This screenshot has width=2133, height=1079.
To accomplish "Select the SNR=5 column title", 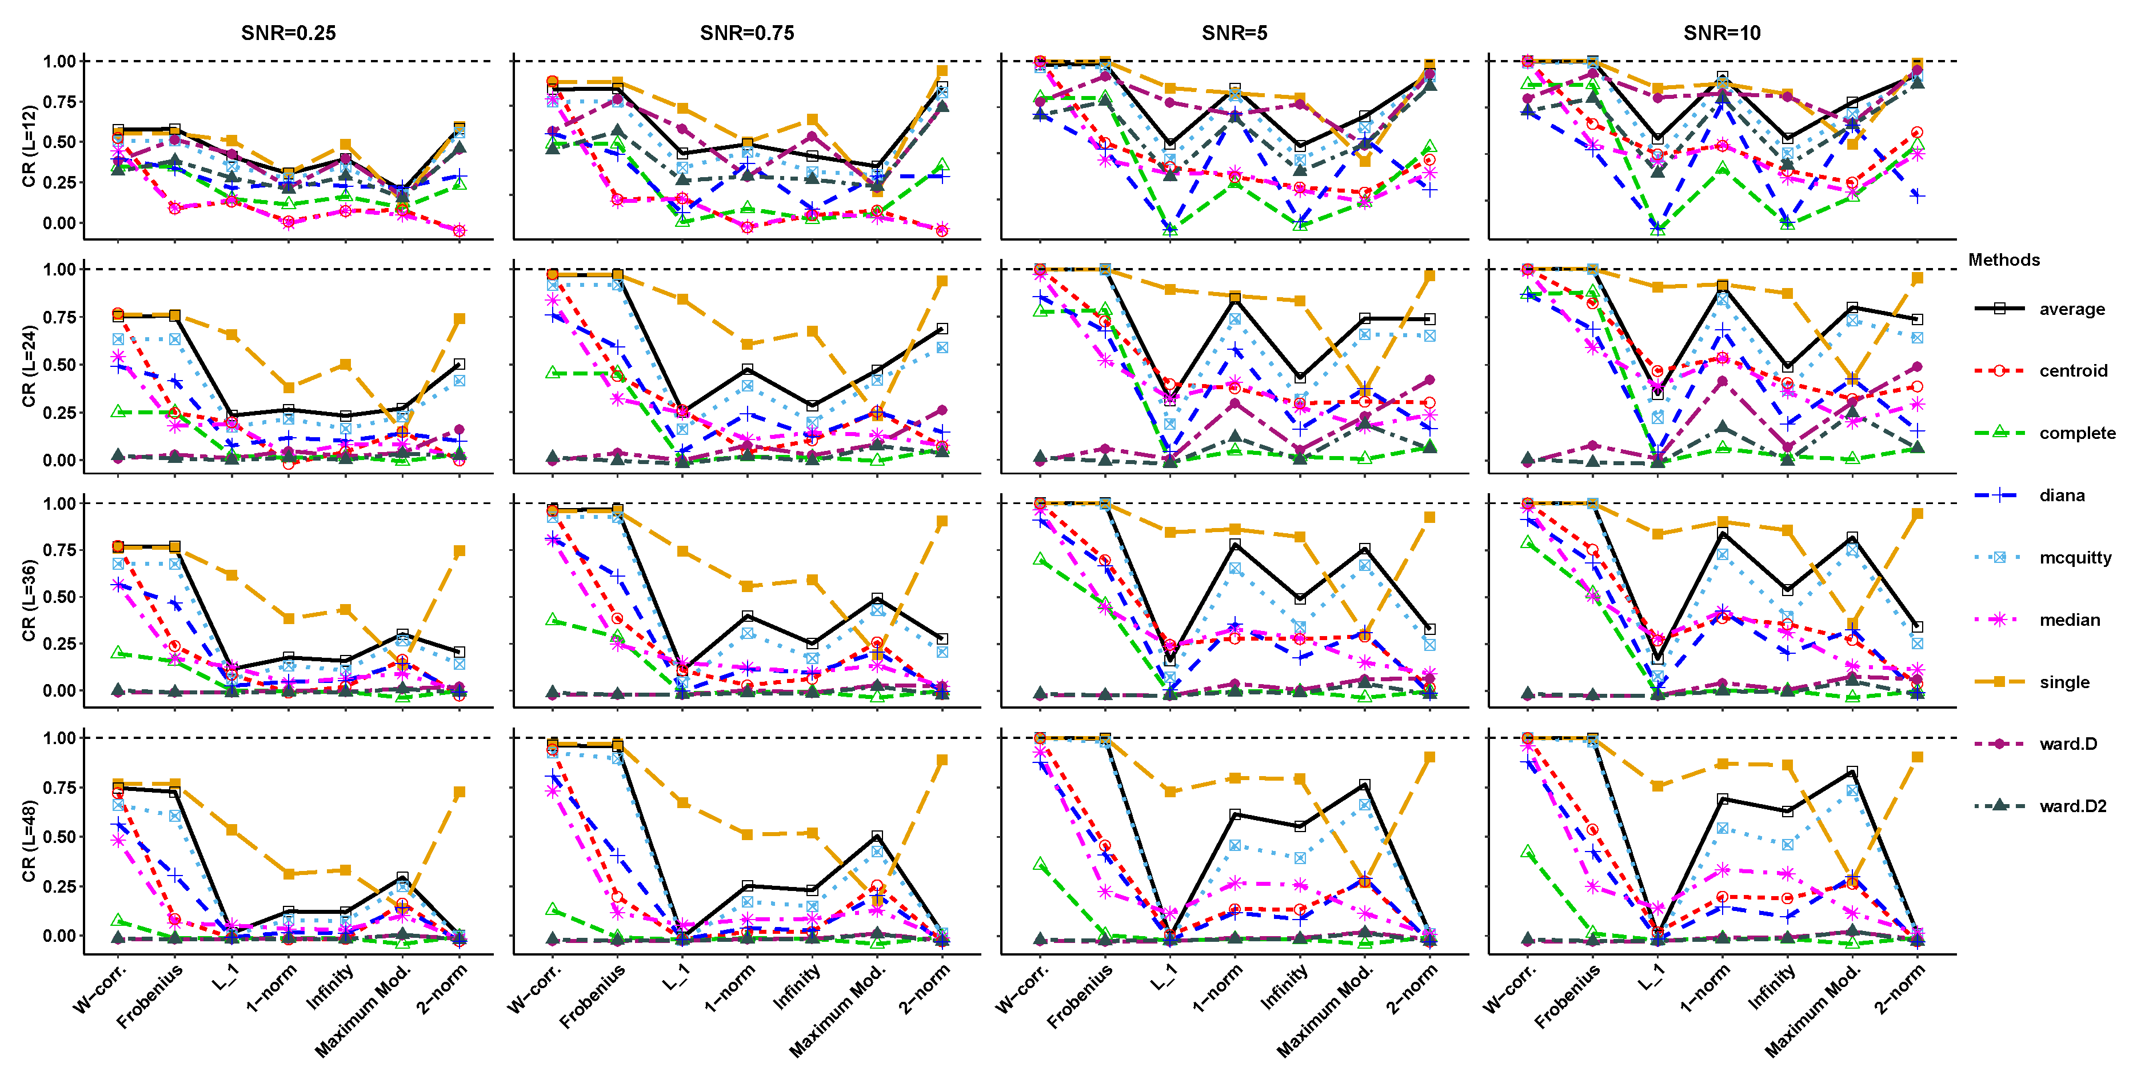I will (x=1234, y=33).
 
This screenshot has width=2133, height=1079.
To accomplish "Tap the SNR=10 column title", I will (x=1721, y=33).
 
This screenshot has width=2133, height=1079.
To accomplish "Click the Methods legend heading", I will (x=2003, y=260).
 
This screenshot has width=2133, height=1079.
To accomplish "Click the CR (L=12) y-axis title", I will (x=29, y=146).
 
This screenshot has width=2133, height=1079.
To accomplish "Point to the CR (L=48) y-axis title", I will (x=29, y=841).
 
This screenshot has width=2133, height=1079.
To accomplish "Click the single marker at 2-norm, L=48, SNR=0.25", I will (x=460, y=793).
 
